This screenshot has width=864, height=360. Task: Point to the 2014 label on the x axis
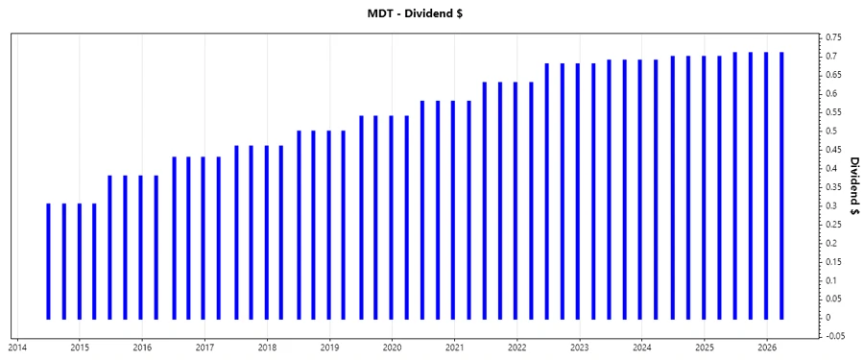(17, 347)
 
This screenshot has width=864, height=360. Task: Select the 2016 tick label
(142, 347)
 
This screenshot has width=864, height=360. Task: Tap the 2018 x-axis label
(267, 347)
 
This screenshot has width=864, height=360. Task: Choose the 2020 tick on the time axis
(393, 347)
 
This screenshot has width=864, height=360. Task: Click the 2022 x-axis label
(517, 347)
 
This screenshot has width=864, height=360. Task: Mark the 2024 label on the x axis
(642, 347)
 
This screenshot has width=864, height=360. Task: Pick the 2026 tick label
(767, 347)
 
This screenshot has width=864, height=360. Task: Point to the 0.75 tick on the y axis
(832, 37)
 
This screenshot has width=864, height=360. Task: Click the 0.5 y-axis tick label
(830, 131)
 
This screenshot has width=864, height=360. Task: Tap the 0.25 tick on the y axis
(832, 224)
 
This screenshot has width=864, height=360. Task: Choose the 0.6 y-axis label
(830, 93)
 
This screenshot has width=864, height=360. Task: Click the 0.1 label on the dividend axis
(830, 280)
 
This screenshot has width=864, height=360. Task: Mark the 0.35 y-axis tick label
(832, 187)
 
